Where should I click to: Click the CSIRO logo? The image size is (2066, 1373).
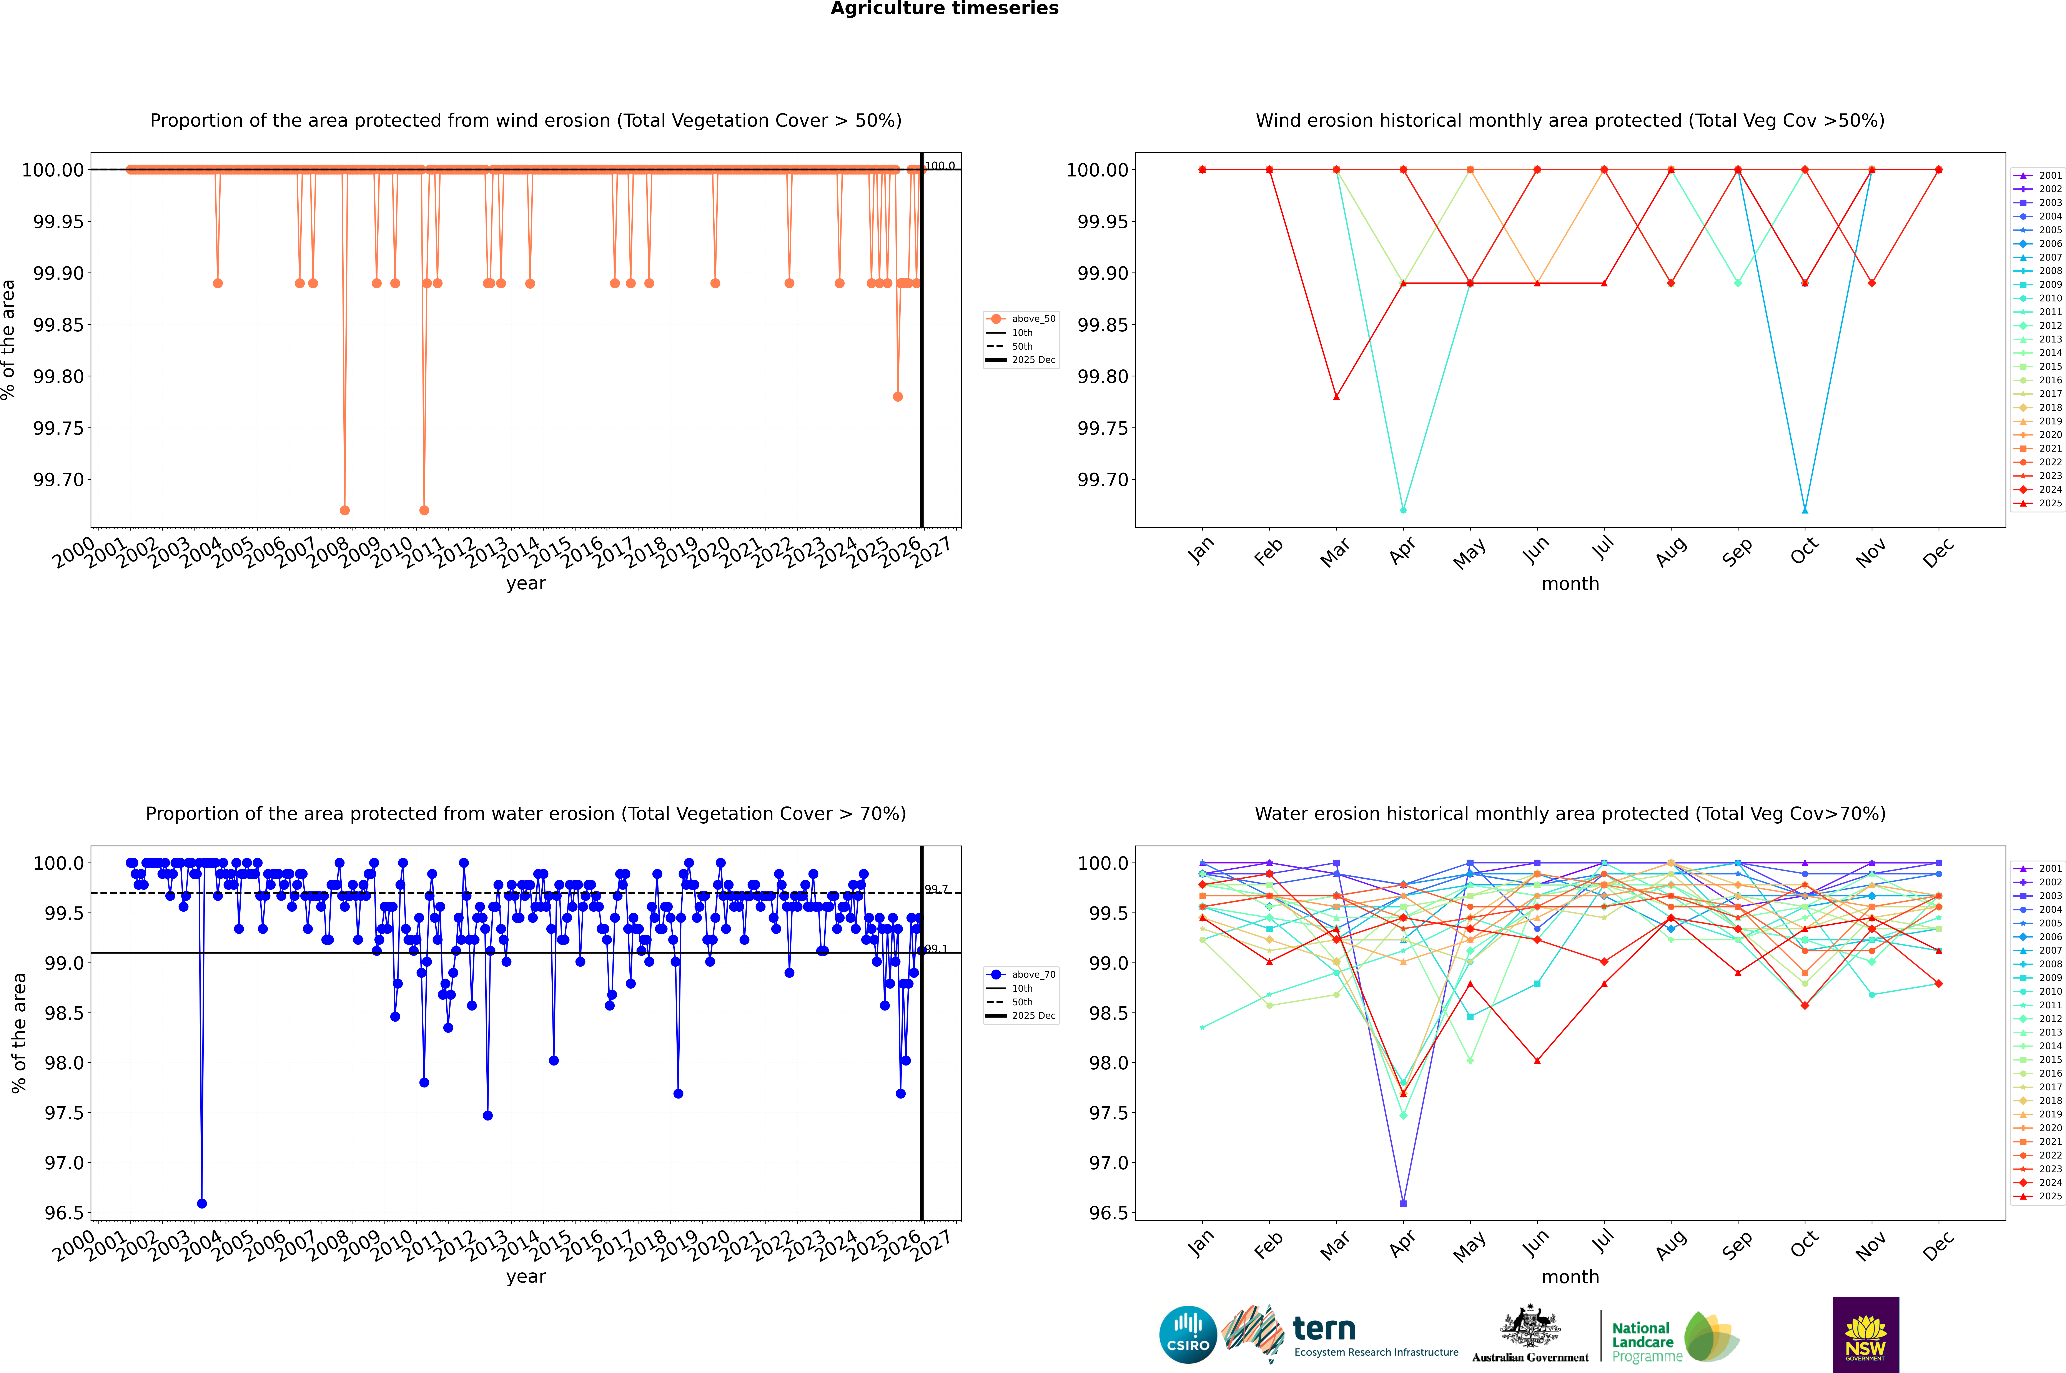point(1188,1335)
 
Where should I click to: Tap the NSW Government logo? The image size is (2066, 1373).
point(1865,1335)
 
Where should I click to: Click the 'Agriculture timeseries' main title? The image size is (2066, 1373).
point(944,9)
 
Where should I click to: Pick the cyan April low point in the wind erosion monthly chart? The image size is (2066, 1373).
point(1403,510)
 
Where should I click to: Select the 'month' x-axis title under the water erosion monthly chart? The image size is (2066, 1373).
point(1569,1277)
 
